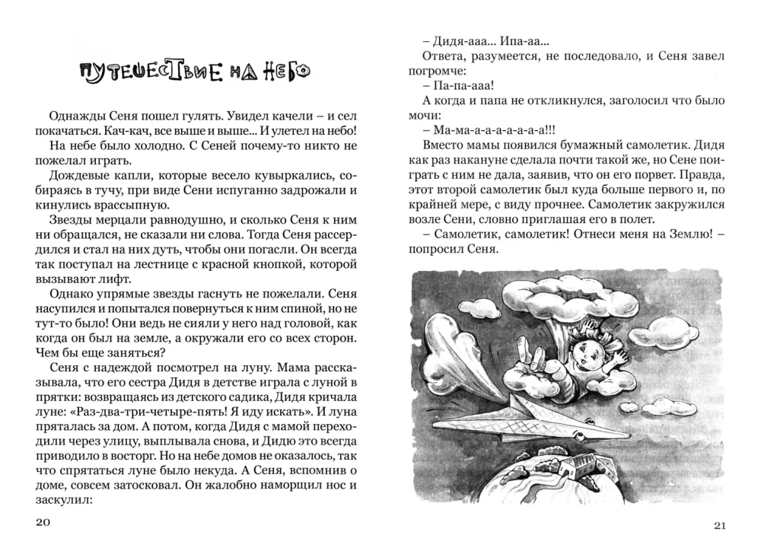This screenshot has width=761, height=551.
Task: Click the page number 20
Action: pos(43,522)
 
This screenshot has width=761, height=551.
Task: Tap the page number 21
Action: pos(721,526)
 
